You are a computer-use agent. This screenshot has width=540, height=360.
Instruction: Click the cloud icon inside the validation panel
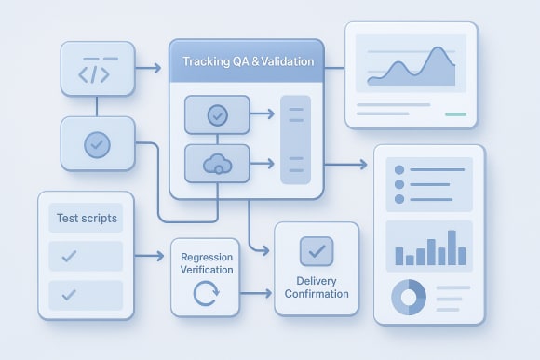218,164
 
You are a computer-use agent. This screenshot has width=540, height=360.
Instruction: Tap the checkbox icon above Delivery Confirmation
317,250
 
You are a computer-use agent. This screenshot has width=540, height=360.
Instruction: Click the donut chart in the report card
407,297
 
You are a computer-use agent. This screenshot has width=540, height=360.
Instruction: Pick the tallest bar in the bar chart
452,247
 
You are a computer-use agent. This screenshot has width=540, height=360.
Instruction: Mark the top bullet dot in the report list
399,170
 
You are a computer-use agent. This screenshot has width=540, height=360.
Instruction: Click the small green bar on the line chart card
455,114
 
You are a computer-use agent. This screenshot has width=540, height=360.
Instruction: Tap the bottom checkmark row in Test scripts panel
85,295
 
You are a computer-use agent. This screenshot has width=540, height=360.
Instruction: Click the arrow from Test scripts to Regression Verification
150,255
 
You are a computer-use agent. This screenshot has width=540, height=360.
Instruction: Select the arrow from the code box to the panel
147,68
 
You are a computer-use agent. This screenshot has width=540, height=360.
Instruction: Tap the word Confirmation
317,294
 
